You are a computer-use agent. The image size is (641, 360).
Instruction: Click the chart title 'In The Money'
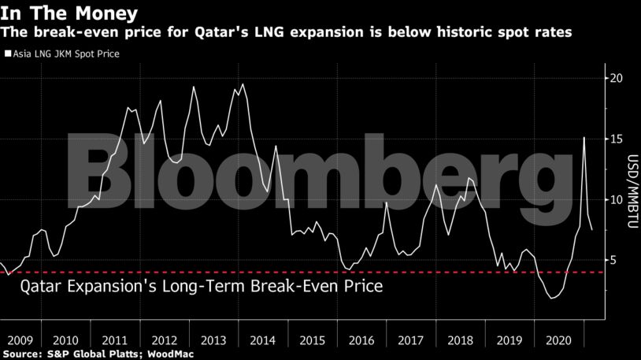[x=69, y=13]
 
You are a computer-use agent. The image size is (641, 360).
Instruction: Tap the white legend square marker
[x=8, y=54]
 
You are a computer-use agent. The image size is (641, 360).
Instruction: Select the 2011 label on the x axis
[x=115, y=340]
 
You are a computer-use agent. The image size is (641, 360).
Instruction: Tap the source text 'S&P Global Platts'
[x=94, y=354]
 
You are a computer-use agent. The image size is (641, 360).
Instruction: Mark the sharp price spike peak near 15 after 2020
[x=584, y=138]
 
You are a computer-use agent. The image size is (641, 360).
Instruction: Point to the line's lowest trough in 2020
[x=553, y=299]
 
